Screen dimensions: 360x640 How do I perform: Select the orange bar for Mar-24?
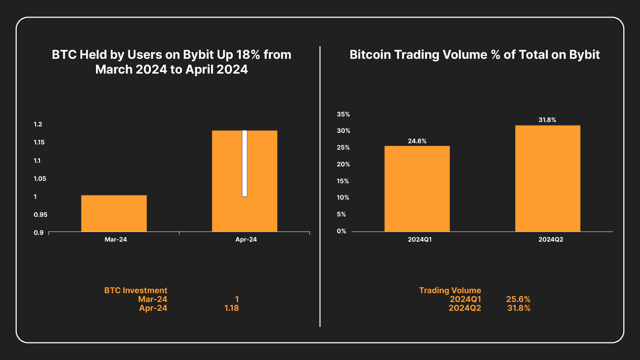114,213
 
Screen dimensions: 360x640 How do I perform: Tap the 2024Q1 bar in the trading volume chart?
417,189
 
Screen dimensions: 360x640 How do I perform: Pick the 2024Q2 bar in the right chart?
548,178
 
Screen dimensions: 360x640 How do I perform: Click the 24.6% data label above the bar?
417,141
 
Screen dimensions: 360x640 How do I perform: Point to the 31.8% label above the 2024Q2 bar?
547,120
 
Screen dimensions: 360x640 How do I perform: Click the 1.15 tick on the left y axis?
39,142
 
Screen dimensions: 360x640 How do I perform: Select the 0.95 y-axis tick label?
40,215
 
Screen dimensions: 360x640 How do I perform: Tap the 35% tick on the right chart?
343,114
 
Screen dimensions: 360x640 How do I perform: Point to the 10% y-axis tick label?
343,198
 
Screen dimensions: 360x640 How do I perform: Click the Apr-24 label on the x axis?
246,240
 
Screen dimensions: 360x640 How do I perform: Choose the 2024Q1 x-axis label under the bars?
420,240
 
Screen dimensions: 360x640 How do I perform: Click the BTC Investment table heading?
136,290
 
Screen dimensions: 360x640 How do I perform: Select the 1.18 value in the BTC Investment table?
232,308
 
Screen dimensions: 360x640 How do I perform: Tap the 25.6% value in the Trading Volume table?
518,299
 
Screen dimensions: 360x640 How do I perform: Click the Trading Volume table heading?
450,290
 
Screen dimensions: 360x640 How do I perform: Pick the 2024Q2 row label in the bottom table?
465,308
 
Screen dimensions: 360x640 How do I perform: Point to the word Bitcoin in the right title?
370,55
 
